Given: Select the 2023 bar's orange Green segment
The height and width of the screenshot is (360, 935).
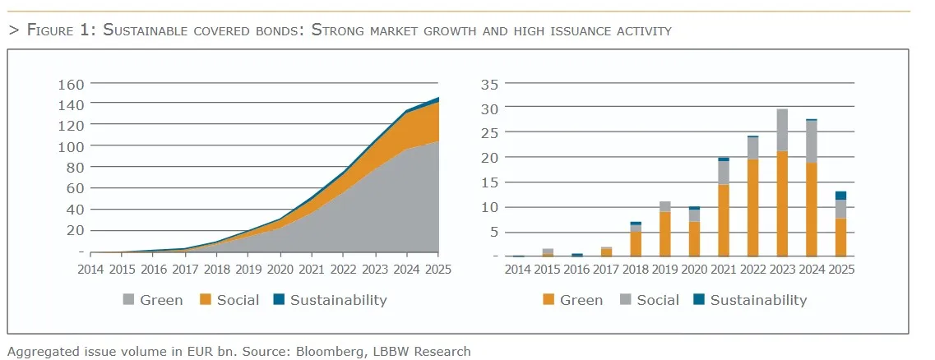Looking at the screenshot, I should point(781,203).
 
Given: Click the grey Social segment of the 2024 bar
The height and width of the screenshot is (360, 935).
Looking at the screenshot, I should point(811,141).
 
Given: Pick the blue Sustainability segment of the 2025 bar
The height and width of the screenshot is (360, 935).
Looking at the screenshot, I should point(840,196).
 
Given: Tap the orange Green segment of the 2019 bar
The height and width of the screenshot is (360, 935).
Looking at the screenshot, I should point(665,233).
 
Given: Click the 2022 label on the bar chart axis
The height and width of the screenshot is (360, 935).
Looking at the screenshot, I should point(752,270).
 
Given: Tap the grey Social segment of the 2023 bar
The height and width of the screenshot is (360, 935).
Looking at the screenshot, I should point(781,130).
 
